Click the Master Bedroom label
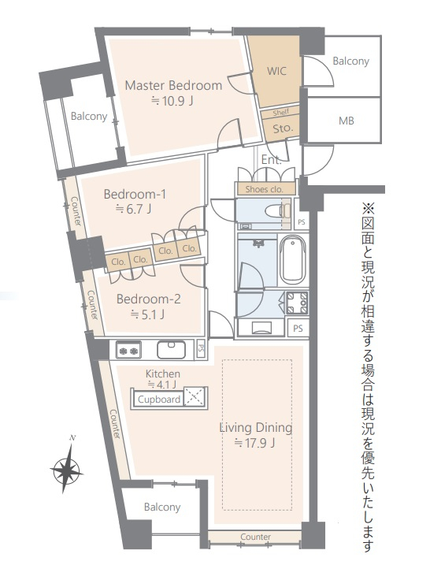coord(173,85)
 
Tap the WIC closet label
coord(276,71)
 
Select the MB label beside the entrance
coord(346,121)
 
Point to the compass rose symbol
coord(67,469)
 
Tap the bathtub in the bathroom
coord(292,260)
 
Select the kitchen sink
coord(171,349)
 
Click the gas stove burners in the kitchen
coord(128,350)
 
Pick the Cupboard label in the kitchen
coord(159,400)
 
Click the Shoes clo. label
coord(265,189)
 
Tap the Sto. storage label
coord(283,128)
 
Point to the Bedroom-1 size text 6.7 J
coord(133,210)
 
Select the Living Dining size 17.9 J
coord(254,443)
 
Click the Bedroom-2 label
coord(148,299)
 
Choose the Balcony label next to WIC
coord(351,61)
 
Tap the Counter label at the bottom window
coord(255,537)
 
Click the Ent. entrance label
coord(272,160)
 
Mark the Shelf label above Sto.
coord(280,113)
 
